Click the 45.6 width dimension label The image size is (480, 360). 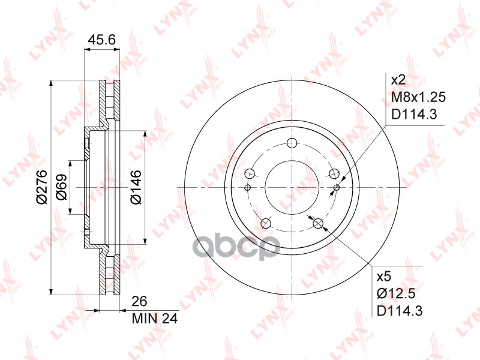click(x=101, y=40)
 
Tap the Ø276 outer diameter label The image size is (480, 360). click(x=41, y=187)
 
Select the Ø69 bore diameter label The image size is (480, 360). click(x=62, y=187)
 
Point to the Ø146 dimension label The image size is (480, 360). click(x=136, y=187)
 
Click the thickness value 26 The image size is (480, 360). click(x=139, y=301)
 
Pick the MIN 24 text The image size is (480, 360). click(x=155, y=319)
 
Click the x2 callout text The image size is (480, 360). click(x=398, y=80)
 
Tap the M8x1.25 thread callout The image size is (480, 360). click(x=418, y=97)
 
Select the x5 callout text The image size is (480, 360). click(x=384, y=277)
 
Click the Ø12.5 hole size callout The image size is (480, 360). click(x=396, y=294)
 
